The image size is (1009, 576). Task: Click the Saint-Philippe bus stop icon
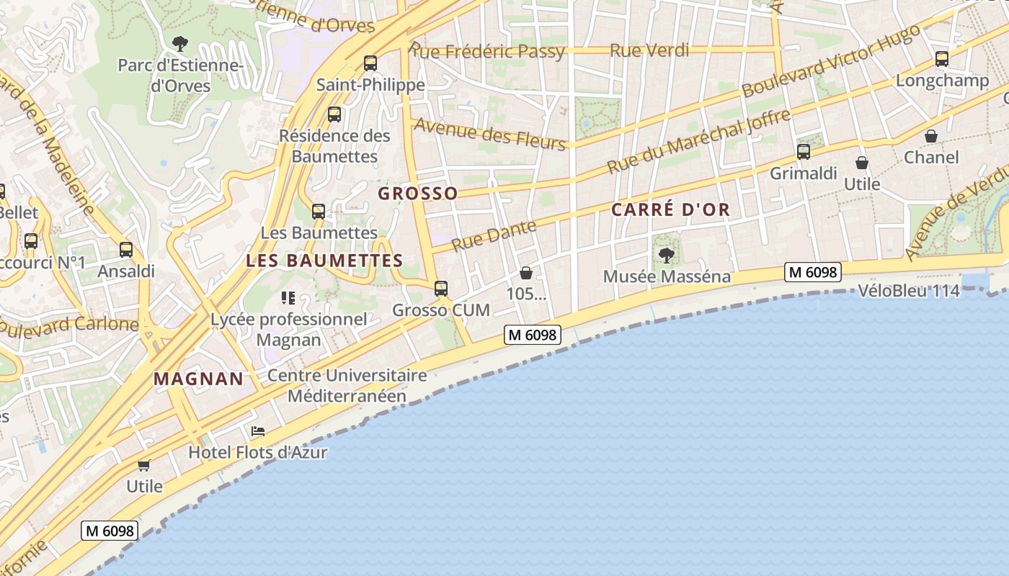point(370,63)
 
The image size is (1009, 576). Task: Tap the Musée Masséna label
point(666,276)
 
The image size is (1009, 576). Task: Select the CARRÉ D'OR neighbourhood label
point(670,210)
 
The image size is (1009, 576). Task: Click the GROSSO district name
point(418,194)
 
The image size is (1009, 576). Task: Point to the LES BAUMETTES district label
point(324,261)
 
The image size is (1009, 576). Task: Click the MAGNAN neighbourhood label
point(198,379)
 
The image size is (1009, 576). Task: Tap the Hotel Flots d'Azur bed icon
point(258,431)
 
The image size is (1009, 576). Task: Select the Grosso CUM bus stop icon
point(441,289)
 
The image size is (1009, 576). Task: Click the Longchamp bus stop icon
point(942,59)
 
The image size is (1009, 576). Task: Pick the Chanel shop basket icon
point(931,136)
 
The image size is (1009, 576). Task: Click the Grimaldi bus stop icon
point(804,152)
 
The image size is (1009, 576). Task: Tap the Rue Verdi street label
point(649,50)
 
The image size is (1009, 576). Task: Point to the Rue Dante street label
point(494,235)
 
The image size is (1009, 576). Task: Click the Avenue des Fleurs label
point(489,134)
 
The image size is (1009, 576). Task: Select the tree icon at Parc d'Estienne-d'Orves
point(180,44)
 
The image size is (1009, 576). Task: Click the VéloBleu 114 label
point(909,291)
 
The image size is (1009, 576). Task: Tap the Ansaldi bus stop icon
point(126,250)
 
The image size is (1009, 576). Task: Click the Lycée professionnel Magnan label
point(289,329)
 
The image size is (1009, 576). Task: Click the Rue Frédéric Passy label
point(487,50)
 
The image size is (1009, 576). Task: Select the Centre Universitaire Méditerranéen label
point(347,385)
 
